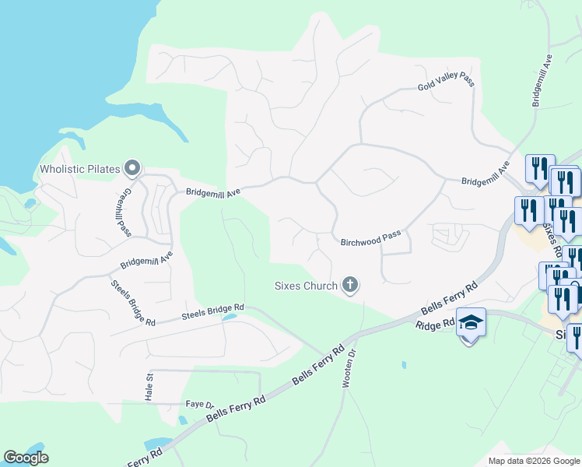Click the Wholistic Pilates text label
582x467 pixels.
tap(81, 169)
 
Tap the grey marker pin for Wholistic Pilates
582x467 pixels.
tap(132, 167)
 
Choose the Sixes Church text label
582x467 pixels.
tap(306, 286)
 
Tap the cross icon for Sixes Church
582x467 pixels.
tap(350, 286)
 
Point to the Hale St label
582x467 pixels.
tap(149, 386)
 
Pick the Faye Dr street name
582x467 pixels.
tap(199, 404)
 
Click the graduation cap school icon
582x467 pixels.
tap(470, 322)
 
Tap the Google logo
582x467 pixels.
tap(26, 458)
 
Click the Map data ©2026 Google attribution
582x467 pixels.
tap(533, 461)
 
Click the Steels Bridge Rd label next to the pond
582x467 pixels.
tap(212, 311)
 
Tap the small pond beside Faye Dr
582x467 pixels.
tap(183, 420)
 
